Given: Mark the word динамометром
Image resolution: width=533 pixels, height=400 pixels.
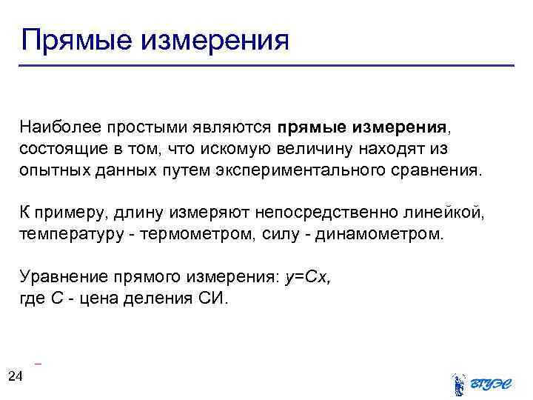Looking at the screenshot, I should pyautogui.click(x=381, y=235).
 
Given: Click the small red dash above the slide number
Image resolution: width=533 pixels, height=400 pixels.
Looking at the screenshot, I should pyautogui.click(x=38, y=364).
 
